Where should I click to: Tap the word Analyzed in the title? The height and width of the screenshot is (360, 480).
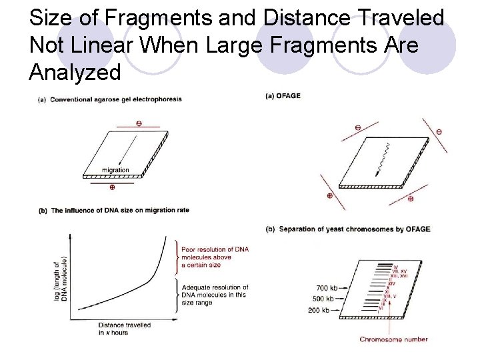(x=75, y=72)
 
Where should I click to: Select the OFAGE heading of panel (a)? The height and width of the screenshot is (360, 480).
(x=288, y=95)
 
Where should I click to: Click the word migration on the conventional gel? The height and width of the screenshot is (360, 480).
(x=115, y=170)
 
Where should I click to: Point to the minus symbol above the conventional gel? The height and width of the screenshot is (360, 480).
(x=138, y=123)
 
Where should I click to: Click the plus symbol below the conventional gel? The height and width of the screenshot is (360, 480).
(x=111, y=187)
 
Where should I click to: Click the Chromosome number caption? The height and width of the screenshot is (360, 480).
(x=393, y=339)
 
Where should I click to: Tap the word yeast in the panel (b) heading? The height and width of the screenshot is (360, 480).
(x=341, y=229)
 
